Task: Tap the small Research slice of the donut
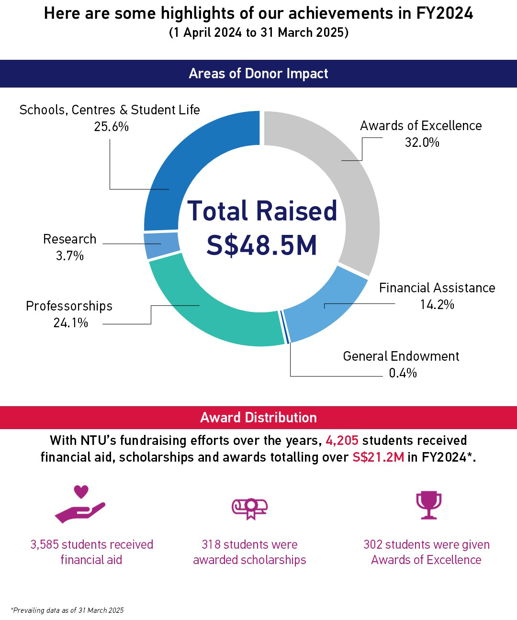(161, 244)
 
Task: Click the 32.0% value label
(422, 143)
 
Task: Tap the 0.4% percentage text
(403, 373)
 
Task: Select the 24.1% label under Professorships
(70, 323)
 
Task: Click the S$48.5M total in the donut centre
(262, 245)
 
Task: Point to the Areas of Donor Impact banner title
(258, 74)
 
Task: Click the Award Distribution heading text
(258, 418)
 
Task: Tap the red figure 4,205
(342, 440)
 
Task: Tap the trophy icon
(428, 505)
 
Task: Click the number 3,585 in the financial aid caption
(45, 545)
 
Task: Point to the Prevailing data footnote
(67, 610)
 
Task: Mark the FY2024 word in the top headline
(444, 13)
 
